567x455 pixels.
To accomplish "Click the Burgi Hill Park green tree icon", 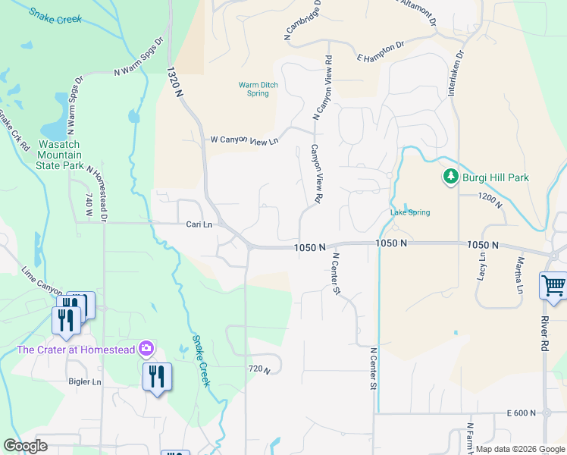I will pos(451,177).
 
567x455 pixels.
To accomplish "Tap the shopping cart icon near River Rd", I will pos(554,287).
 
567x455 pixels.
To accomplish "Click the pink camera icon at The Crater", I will pos(146,349).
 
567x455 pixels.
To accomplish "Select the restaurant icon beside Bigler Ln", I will pos(157,376).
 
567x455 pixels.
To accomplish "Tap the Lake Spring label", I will pos(410,212).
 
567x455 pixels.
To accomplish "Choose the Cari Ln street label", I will pos(199,224).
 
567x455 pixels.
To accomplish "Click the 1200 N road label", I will pos(491,196).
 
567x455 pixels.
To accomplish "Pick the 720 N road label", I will pos(259,369).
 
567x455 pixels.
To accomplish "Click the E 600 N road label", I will pos(522,413).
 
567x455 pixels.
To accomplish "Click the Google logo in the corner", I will pos(26,446).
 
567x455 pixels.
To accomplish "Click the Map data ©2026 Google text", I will pos(520,449).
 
